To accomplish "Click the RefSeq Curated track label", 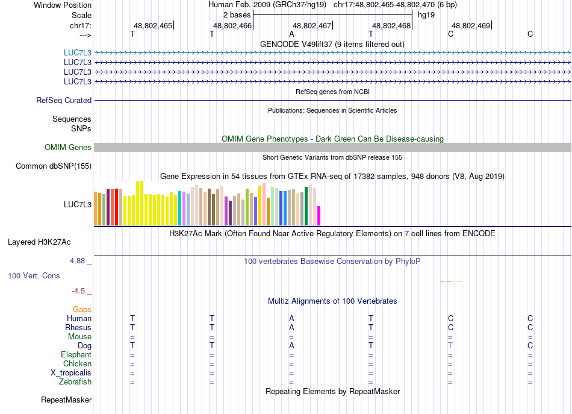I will [64, 101].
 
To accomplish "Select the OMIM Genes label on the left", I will [68, 148].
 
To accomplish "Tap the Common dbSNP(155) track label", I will [54, 166].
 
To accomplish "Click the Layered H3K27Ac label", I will [39, 242].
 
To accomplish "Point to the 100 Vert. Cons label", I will [34, 276].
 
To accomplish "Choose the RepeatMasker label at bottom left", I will [66, 400].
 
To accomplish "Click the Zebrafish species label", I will [75, 382].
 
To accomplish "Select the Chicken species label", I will [77, 364].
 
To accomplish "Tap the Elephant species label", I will [76, 355].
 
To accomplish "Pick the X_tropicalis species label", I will [71, 373].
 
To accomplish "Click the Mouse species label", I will [79, 337].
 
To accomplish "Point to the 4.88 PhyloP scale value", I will [78, 261].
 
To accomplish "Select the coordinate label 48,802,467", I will [312, 26].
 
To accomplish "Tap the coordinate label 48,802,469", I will [471, 26].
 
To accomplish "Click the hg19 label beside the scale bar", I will [426, 14].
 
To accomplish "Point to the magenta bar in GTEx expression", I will [319, 215].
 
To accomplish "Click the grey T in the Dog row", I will [450, 346].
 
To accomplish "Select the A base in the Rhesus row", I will [291, 328].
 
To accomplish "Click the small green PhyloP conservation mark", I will [450, 281].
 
